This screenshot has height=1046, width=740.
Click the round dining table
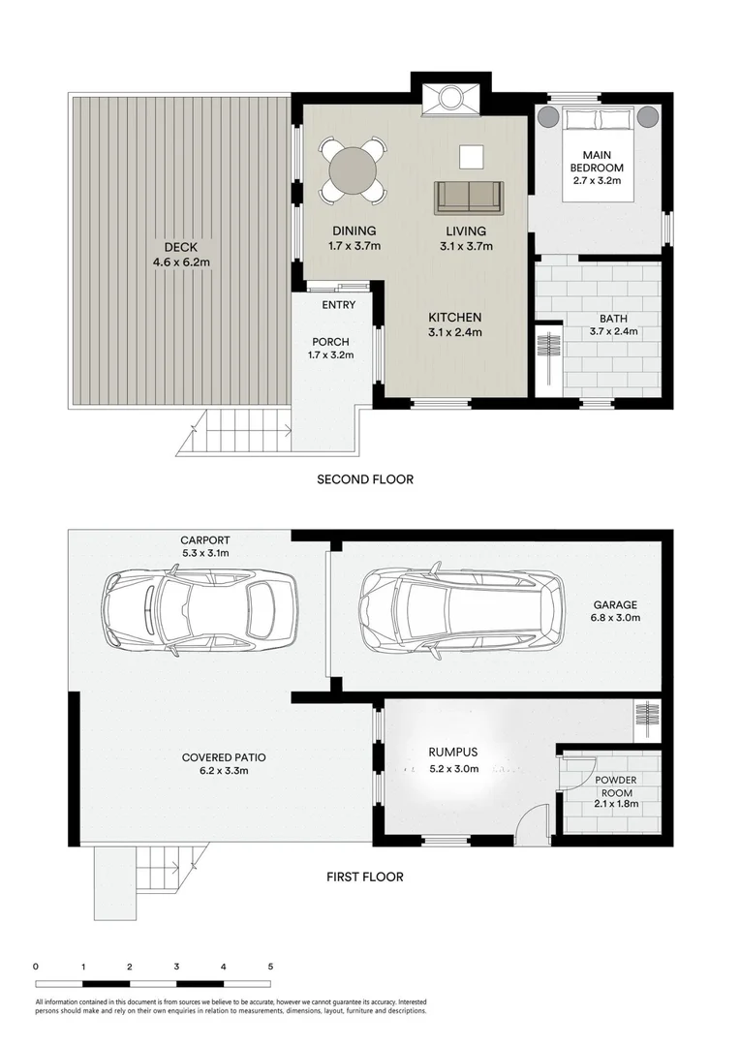(352, 171)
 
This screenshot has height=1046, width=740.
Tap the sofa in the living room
(468, 197)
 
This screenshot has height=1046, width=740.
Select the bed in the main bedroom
(598, 154)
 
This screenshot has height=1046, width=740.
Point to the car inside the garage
(460, 610)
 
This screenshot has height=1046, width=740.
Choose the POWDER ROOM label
(616, 787)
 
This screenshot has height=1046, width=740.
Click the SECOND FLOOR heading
(365, 478)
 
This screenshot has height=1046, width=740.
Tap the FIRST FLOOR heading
(364, 877)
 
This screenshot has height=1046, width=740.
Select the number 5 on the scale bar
(270, 966)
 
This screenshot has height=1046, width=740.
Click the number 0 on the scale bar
(35, 966)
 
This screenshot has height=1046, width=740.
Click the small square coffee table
(471, 156)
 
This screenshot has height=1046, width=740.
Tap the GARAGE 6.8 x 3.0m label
(616, 611)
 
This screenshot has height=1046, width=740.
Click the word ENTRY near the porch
(339, 305)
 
